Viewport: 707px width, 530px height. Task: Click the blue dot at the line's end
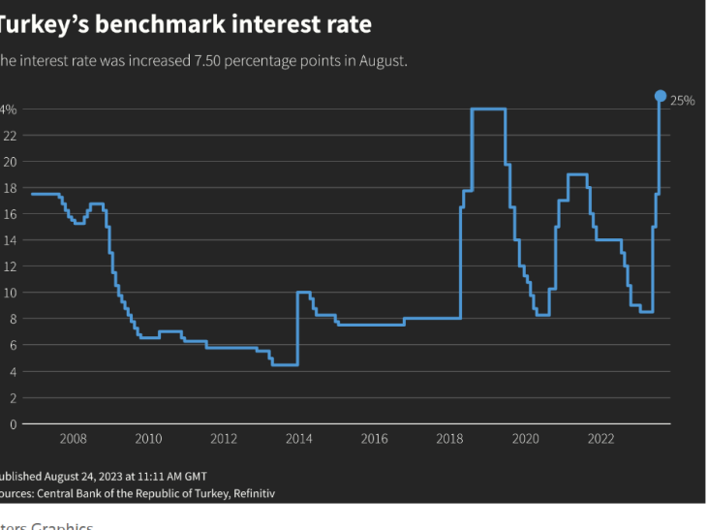(661, 96)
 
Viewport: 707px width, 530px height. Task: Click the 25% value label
(683, 101)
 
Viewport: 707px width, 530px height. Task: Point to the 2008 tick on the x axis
(74, 439)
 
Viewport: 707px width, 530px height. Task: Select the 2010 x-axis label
(148, 439)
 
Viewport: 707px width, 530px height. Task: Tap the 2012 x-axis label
(224, 439)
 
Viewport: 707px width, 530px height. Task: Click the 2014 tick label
(299, 439)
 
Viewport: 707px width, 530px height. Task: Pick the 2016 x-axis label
(375, 439)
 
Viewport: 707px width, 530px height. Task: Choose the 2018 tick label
(449, 439)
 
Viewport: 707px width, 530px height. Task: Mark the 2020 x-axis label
(525, 439)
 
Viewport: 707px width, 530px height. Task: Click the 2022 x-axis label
(600, 439)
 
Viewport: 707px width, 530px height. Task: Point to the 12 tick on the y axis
(10, 266)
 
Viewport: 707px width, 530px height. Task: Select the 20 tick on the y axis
(10, 162)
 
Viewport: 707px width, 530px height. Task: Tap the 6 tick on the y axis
(13, 346)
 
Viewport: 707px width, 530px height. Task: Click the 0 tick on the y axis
(13, 424)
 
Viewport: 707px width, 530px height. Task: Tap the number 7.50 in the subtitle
(207, 60)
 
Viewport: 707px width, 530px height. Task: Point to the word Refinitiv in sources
(251, 493)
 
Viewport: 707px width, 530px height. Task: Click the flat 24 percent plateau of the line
(488, 109)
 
